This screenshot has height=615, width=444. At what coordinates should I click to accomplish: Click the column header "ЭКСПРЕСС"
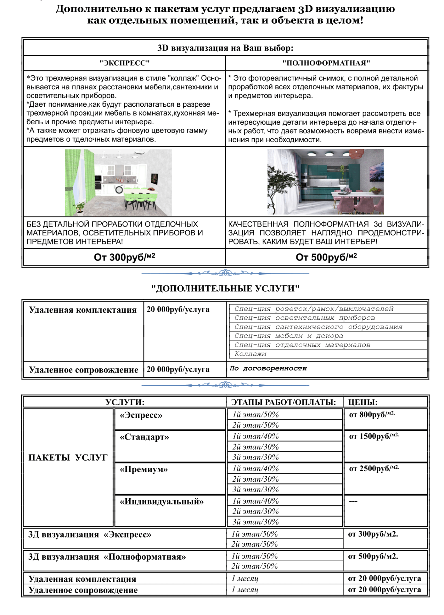pyautogui.click(x=124, y=63)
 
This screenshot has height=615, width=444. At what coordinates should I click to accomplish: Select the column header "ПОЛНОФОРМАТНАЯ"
pyautogui.click(x=326, y=63)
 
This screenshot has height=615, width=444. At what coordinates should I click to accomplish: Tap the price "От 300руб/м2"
pyautogui.click(x=124, y=257)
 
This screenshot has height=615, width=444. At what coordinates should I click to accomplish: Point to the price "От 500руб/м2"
pyautogui.click(x=326, y=257)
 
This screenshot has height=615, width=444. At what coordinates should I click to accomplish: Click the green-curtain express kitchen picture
pyautogui.click(x=118, y=183)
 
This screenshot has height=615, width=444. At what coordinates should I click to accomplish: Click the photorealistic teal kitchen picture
pyautogui.click(x=325, y=182)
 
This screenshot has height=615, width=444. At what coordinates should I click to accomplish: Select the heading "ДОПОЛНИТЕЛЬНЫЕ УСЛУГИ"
pyautogui.click(x=225, y=288)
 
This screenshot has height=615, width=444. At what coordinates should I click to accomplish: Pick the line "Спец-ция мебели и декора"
pyautogui.click(x=289, y=336)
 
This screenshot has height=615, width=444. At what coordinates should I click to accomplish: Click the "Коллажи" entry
pyautogui.click(x=250, y=354)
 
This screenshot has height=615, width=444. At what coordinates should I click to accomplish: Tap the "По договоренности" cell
pyautogui.click(x=268, y=368)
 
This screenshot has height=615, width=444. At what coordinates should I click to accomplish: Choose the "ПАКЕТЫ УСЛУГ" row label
pyautogui.click(x=68, y=457)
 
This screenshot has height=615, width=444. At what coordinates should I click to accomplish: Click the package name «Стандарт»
pyautogui.click(x=144, y=437)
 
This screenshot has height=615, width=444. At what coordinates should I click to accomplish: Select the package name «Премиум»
pyautogui.click(x=144, y=469)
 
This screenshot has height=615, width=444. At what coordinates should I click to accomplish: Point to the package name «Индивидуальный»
pyautogui.click(x=162, y=501)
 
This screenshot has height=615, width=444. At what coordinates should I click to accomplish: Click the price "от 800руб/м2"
pyautogui.click(x=372, y=414)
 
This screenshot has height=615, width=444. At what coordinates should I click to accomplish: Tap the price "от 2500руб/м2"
pyautogui.click(x=374, y=469)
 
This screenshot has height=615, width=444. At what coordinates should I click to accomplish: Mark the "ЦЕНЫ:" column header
pyautogui.click(x=363, y=402)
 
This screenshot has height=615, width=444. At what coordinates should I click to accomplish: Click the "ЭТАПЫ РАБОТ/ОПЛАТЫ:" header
pyautogui.click(x=283, y=402)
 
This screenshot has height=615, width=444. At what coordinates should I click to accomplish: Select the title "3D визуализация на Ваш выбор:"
pyautogui.click(x=225, y=48)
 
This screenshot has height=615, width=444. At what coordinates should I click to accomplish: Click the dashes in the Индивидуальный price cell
pyautogui.click(x=353, y=501)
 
